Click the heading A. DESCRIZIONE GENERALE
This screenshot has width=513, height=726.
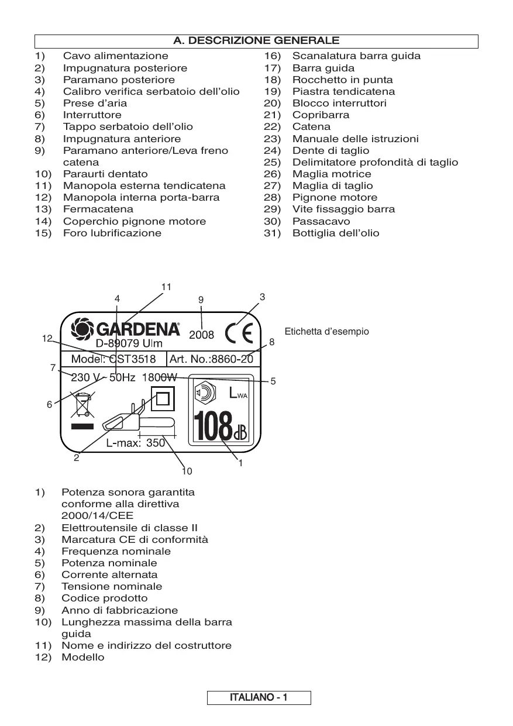point(256,41)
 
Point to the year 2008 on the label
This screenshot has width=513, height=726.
point(202,335)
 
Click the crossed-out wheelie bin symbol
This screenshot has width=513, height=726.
point(82,405)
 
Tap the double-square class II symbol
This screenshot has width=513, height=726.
point(163,399)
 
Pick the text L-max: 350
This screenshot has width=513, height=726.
point(136,443)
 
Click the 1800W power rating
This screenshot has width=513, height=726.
point(160,378)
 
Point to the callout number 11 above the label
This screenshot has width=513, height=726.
point(166,287)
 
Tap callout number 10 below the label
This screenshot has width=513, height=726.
point(187,470)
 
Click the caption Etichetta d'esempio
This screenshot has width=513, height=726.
point(326,332)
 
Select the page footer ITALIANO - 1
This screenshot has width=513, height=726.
point(258,698)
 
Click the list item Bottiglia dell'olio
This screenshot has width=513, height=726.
point(335,233)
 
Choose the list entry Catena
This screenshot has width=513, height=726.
point(311,126)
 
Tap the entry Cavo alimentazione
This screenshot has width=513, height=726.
point(115,56)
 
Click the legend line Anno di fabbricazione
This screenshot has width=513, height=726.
point(119,610)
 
